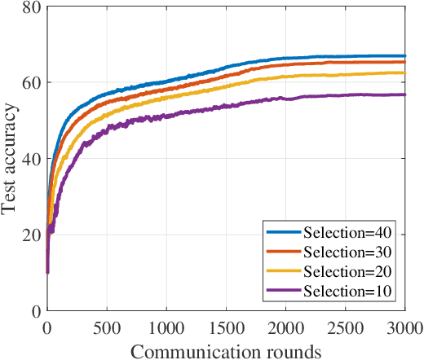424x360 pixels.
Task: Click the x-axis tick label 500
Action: (106, 327)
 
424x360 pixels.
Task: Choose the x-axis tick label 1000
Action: (166, 327)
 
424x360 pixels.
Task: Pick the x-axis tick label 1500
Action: (226, 327)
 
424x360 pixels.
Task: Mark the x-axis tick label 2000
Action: (285, 327)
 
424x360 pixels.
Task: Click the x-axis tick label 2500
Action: (346, 327)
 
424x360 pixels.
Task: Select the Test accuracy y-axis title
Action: (10, 159)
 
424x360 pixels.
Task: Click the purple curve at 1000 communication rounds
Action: (166, 116)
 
